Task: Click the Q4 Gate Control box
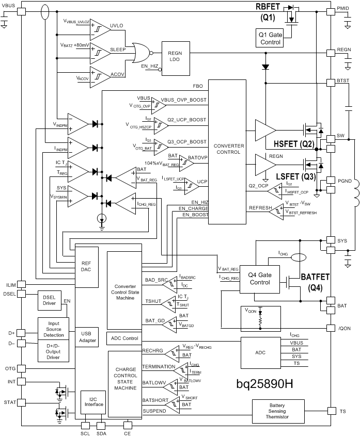(x=259, y=279)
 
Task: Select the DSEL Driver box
(x=49, y=301)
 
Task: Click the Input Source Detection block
(x=56, y=328)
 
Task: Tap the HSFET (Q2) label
(x=294, y=144)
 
